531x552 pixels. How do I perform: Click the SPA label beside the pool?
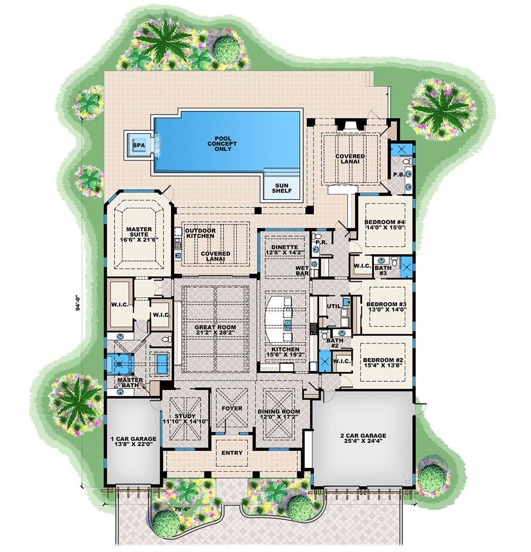(x=138, y=145)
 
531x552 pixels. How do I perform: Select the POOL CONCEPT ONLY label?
(x=223, y=144)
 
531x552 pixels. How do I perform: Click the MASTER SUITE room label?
(x=139, y=235)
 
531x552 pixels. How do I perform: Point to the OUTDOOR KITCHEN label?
(x=200, y=233)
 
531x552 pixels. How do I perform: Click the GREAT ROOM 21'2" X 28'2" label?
(x=215, y=330)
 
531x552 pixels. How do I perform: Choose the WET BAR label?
(x=302, y=272)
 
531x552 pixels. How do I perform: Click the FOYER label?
(x=233, y=408)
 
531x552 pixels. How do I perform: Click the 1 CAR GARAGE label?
(x=133, y=442)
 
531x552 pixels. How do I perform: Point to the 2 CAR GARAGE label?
(x=363, y=439)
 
